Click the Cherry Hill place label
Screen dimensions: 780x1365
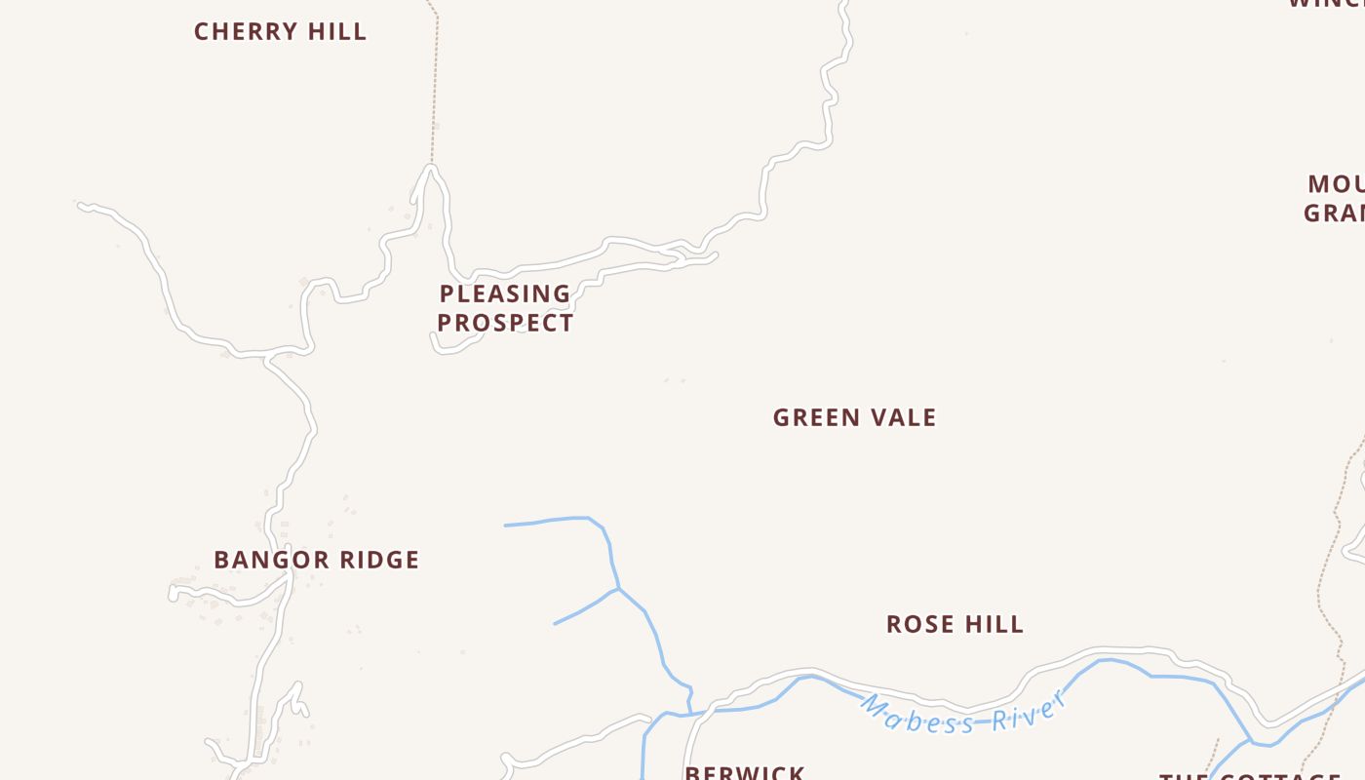(x=280, y=32)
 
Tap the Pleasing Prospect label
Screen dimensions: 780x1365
(x=505, y=308)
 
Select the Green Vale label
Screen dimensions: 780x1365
(x=854, y=418)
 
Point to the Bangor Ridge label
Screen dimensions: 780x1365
(x=316, y=561)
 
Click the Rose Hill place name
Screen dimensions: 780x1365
(x=955, y=625)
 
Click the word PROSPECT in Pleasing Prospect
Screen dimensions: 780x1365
(x=505, y=323)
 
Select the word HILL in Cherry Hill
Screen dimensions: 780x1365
(x=337, y=32)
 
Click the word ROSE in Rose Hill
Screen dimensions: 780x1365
(x=916, y=625)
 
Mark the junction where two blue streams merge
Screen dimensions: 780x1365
(x=618, y=589)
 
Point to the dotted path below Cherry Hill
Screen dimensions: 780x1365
(x=435, y=88)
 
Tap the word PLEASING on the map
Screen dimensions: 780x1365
(x=505, y=293)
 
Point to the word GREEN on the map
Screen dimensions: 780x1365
(x=813, y=418)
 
